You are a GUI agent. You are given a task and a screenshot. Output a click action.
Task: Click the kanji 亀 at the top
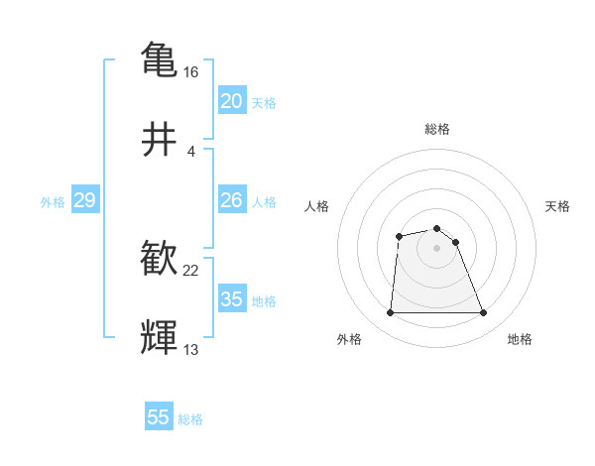tap(160, 58)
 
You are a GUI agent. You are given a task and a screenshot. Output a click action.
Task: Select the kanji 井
tap(160, 140)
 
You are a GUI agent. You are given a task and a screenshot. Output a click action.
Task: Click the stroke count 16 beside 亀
tap(191, 72)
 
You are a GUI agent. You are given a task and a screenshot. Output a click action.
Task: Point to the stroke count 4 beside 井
tap(191, 152)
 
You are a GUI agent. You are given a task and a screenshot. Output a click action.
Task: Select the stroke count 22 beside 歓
tap(191, 271)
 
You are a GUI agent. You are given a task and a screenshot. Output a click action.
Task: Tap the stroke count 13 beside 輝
tap(191, 350)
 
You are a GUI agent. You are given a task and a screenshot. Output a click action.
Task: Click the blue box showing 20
tap(232, 101)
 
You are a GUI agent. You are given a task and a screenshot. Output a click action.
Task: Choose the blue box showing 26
tap(232, 200)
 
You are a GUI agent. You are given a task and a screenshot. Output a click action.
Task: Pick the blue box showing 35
tap(232, 299)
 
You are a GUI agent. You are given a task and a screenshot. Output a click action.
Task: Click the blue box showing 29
tap(84, 201)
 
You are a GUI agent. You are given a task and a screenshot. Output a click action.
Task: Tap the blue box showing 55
tap(159, 417)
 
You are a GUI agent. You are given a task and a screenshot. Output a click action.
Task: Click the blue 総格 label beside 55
tap(190, 419)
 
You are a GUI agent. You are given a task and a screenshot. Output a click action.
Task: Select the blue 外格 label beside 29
tap(53, 202)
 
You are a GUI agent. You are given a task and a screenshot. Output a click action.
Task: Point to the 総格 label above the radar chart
tap(436, 129)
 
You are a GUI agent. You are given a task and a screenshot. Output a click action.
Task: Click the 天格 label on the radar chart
tap(558, 206)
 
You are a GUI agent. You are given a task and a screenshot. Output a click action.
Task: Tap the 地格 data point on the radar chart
tap(483, 313)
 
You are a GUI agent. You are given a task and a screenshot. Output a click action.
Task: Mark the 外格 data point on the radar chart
tap(390, 313)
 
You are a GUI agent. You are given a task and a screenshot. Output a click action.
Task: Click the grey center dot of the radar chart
tap(436, 248)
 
